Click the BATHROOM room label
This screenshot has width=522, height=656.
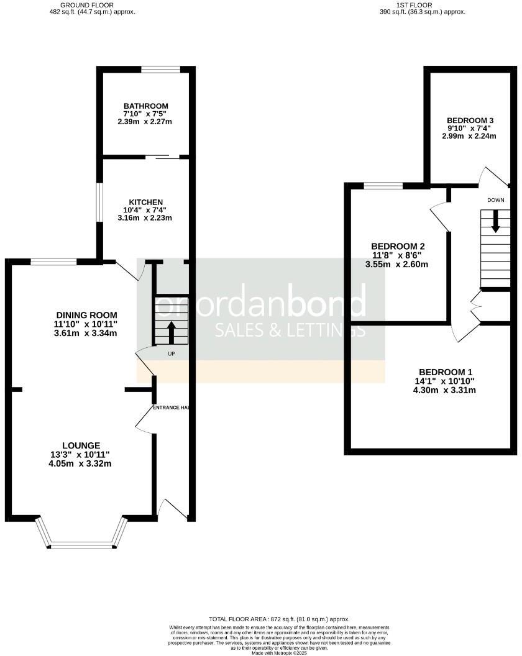(145, 106)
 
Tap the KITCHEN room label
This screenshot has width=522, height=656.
(145, 203)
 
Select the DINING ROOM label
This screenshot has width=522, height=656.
(86, 316)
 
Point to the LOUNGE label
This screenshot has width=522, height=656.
(81, 445)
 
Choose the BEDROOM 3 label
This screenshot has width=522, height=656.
(470, 121)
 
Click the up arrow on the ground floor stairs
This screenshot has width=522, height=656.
(172, 329)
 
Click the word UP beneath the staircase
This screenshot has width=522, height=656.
(171, 354)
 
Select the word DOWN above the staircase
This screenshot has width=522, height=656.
(495, 200)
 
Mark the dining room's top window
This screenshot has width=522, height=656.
(53, 262)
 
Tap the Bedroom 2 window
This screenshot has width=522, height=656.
(383, 185)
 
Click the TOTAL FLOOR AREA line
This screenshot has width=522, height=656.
(279, 619)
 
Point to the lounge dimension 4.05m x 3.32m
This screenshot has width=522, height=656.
(81, 463)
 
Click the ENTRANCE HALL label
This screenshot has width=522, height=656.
(171, 408)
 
